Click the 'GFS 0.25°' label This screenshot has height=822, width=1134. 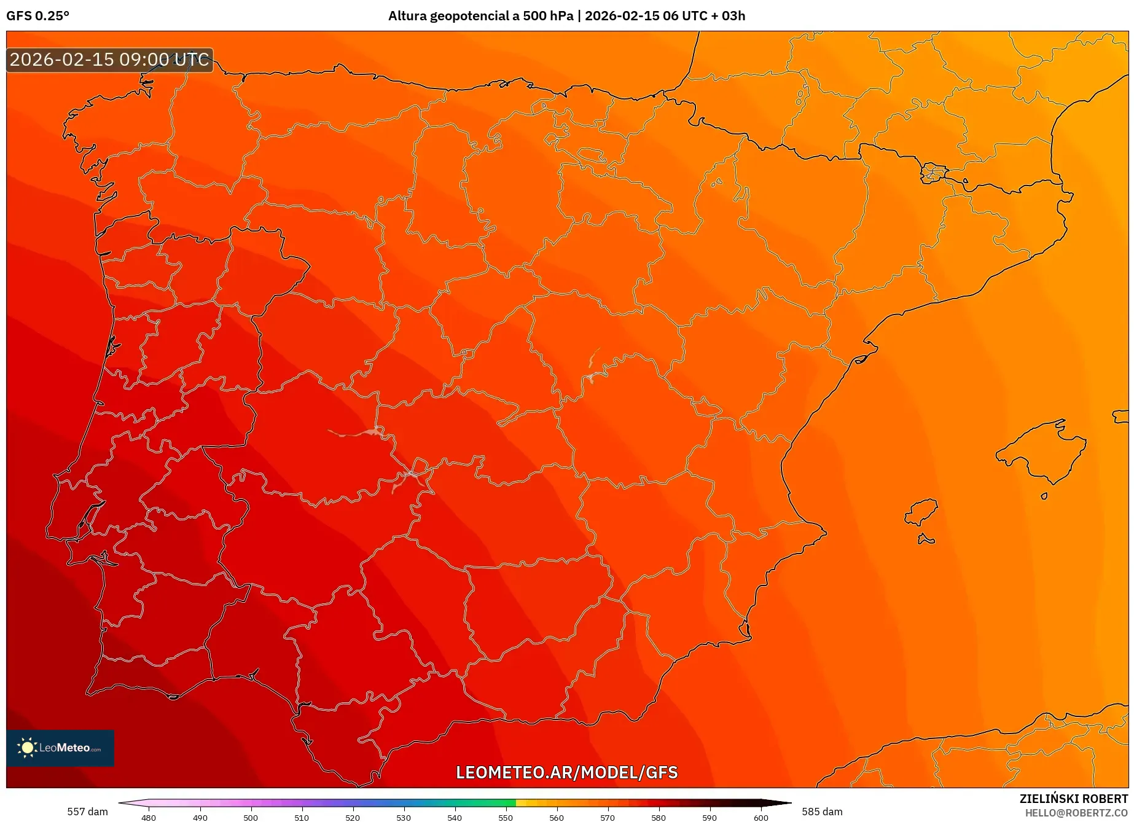pyautogui.click(x=38, y=16)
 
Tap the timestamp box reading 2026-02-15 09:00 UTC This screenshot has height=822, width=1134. pyautogui.click(x=109, y=60)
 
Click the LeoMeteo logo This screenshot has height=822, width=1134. pyautogui.click(x=60, y=748)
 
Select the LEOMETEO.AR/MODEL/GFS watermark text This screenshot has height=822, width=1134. pyautogui.click(x=566, y=772)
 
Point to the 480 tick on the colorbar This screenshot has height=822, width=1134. pyautogui.click(x=149, y=817)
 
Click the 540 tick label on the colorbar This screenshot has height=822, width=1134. pyautogui.click(x=455, y=817)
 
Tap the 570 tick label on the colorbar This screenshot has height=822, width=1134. pyautogui.click(x=608, y=817)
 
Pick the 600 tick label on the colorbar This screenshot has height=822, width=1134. pyautogui.click(x=761, y=817)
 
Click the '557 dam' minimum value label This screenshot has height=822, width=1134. pyautogui.click(x=87, y=812)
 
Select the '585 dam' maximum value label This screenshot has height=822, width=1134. pyautogui.click(x=822, y=812)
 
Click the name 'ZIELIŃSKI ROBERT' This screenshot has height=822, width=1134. pyautogui.click(x=1073, y=799)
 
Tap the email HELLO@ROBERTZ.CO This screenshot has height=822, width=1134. pyautogui.click(x=1076, y=813)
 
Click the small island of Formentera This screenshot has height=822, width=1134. pyautogui.click(x=926, y=540)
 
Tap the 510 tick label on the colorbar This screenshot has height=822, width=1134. pyautogui.click(x=302, y=817)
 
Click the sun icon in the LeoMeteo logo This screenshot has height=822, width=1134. pyautogui.click(x=27, y=748)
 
